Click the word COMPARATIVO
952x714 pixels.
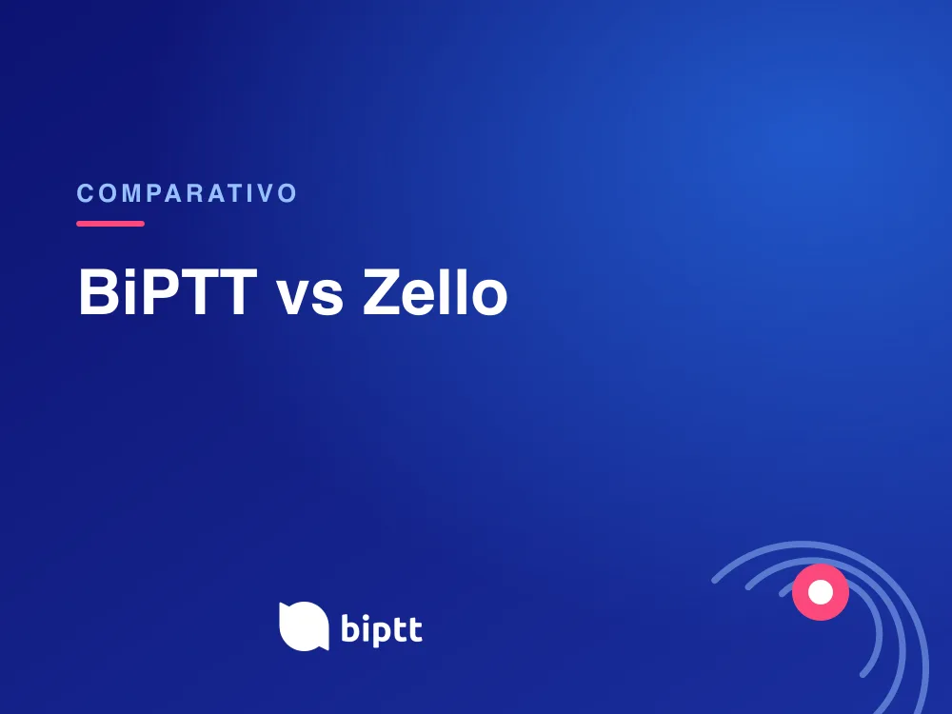187,193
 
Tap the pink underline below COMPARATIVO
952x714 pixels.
110,224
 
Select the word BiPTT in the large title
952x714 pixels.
168,292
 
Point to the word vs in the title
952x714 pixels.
309,297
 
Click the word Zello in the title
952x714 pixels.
435,292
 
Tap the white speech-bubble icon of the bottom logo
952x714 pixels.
304,626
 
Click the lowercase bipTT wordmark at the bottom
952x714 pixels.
382,629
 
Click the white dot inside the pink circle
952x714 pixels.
821,592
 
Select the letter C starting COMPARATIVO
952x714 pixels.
85,193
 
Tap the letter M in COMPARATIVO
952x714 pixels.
129,193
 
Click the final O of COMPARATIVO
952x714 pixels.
288,193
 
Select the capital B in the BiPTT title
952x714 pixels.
99,292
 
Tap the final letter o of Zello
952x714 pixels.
488,298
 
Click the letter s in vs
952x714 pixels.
327,298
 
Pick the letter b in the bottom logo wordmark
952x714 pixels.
351,627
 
